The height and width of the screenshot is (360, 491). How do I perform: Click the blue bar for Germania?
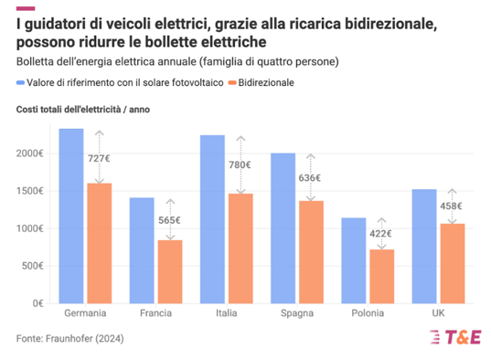point(71,216)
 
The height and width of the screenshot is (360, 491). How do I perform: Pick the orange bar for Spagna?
point(312,252)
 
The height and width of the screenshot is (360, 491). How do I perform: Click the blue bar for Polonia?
point(353,260)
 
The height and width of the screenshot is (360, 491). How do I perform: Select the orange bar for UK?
point(453,263)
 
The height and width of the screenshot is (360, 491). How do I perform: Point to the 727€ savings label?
point(100,158)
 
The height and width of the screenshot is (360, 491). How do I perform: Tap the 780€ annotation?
point(240,164)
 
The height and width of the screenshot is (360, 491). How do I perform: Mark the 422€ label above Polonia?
point(379,234)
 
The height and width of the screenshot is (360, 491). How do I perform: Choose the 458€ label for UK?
point(450,206)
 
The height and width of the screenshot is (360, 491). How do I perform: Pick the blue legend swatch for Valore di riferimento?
point(21,82)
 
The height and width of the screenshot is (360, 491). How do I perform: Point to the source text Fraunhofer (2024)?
point(70,338)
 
